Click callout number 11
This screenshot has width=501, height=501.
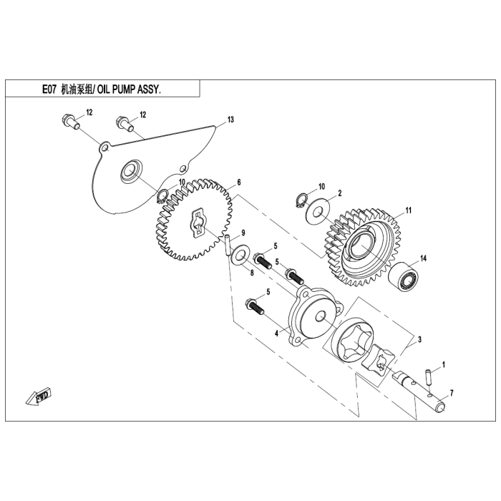pos(409,210)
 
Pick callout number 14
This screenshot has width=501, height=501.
pos(423,258)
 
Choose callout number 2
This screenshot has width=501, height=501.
pos(340,193)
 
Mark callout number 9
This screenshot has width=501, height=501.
pos(243,233)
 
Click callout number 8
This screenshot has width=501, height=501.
pos(252,272)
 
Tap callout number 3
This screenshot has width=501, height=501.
pos(419,339)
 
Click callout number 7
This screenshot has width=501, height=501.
pos(452,394)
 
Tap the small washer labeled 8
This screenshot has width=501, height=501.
pos(241,253)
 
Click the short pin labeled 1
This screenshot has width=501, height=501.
pos(429,374)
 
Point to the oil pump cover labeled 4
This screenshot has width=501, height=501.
pos(310,318)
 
